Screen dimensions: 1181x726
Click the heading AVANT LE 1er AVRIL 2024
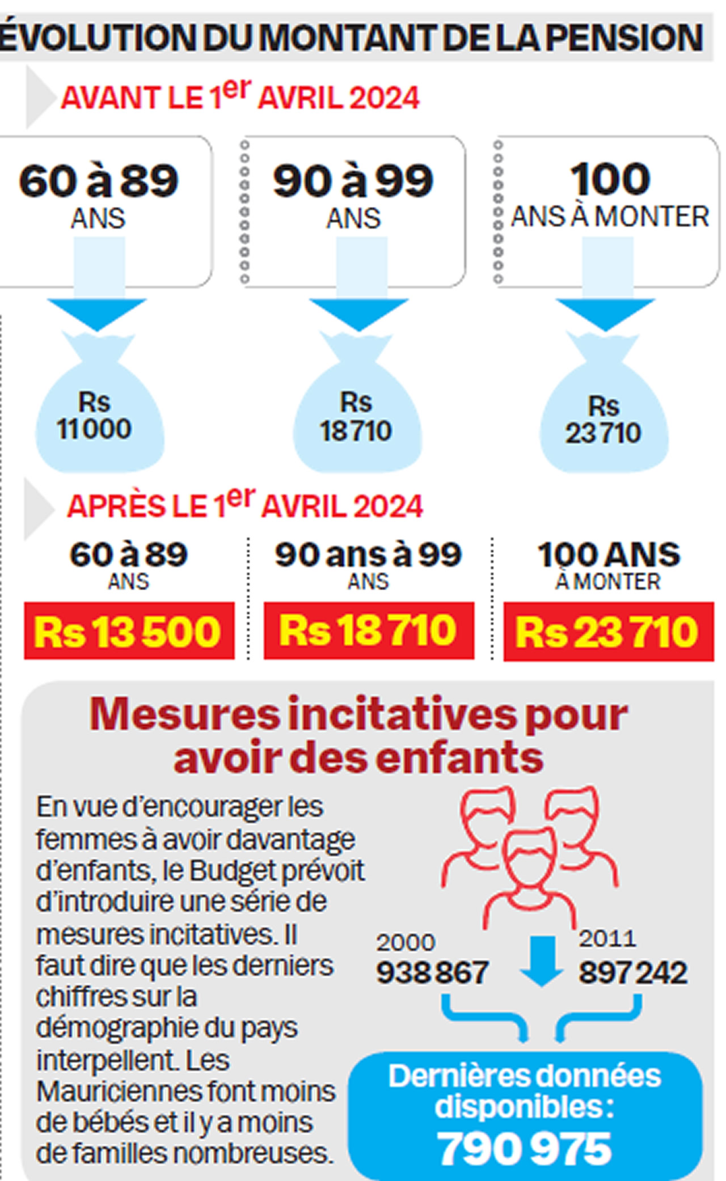(x=240, y=96)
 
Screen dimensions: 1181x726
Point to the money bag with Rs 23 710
(x=603, y=417)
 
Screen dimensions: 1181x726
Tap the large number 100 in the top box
(x=610, y=179)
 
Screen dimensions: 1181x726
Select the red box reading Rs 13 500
(x=129, y=631)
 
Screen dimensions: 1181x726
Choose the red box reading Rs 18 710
(x=369, y=630)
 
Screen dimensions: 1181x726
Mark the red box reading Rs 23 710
(x=608, y=632)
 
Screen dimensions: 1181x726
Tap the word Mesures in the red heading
(x=184, y=715)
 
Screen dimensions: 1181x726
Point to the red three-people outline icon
(x=530, y=850)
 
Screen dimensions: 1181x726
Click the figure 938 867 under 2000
(x=432, y=973)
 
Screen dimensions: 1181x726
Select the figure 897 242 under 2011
(x=633, y=973)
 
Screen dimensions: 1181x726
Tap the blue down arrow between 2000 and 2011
(x=542, y=961)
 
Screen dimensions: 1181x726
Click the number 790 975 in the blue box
(x=525, y=1149)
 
